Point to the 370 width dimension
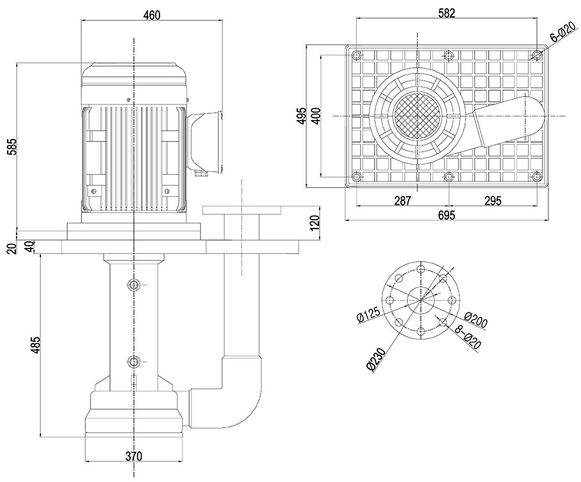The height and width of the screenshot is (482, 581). [133, 456]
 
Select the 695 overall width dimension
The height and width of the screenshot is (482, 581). [446, 215]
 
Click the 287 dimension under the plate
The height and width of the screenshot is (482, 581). [402, 201]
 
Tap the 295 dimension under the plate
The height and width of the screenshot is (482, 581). [492, 201]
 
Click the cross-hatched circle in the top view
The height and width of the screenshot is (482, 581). [416, 115]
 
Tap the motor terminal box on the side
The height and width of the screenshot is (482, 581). [204, 141]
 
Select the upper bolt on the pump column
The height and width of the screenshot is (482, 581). [133, 284]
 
